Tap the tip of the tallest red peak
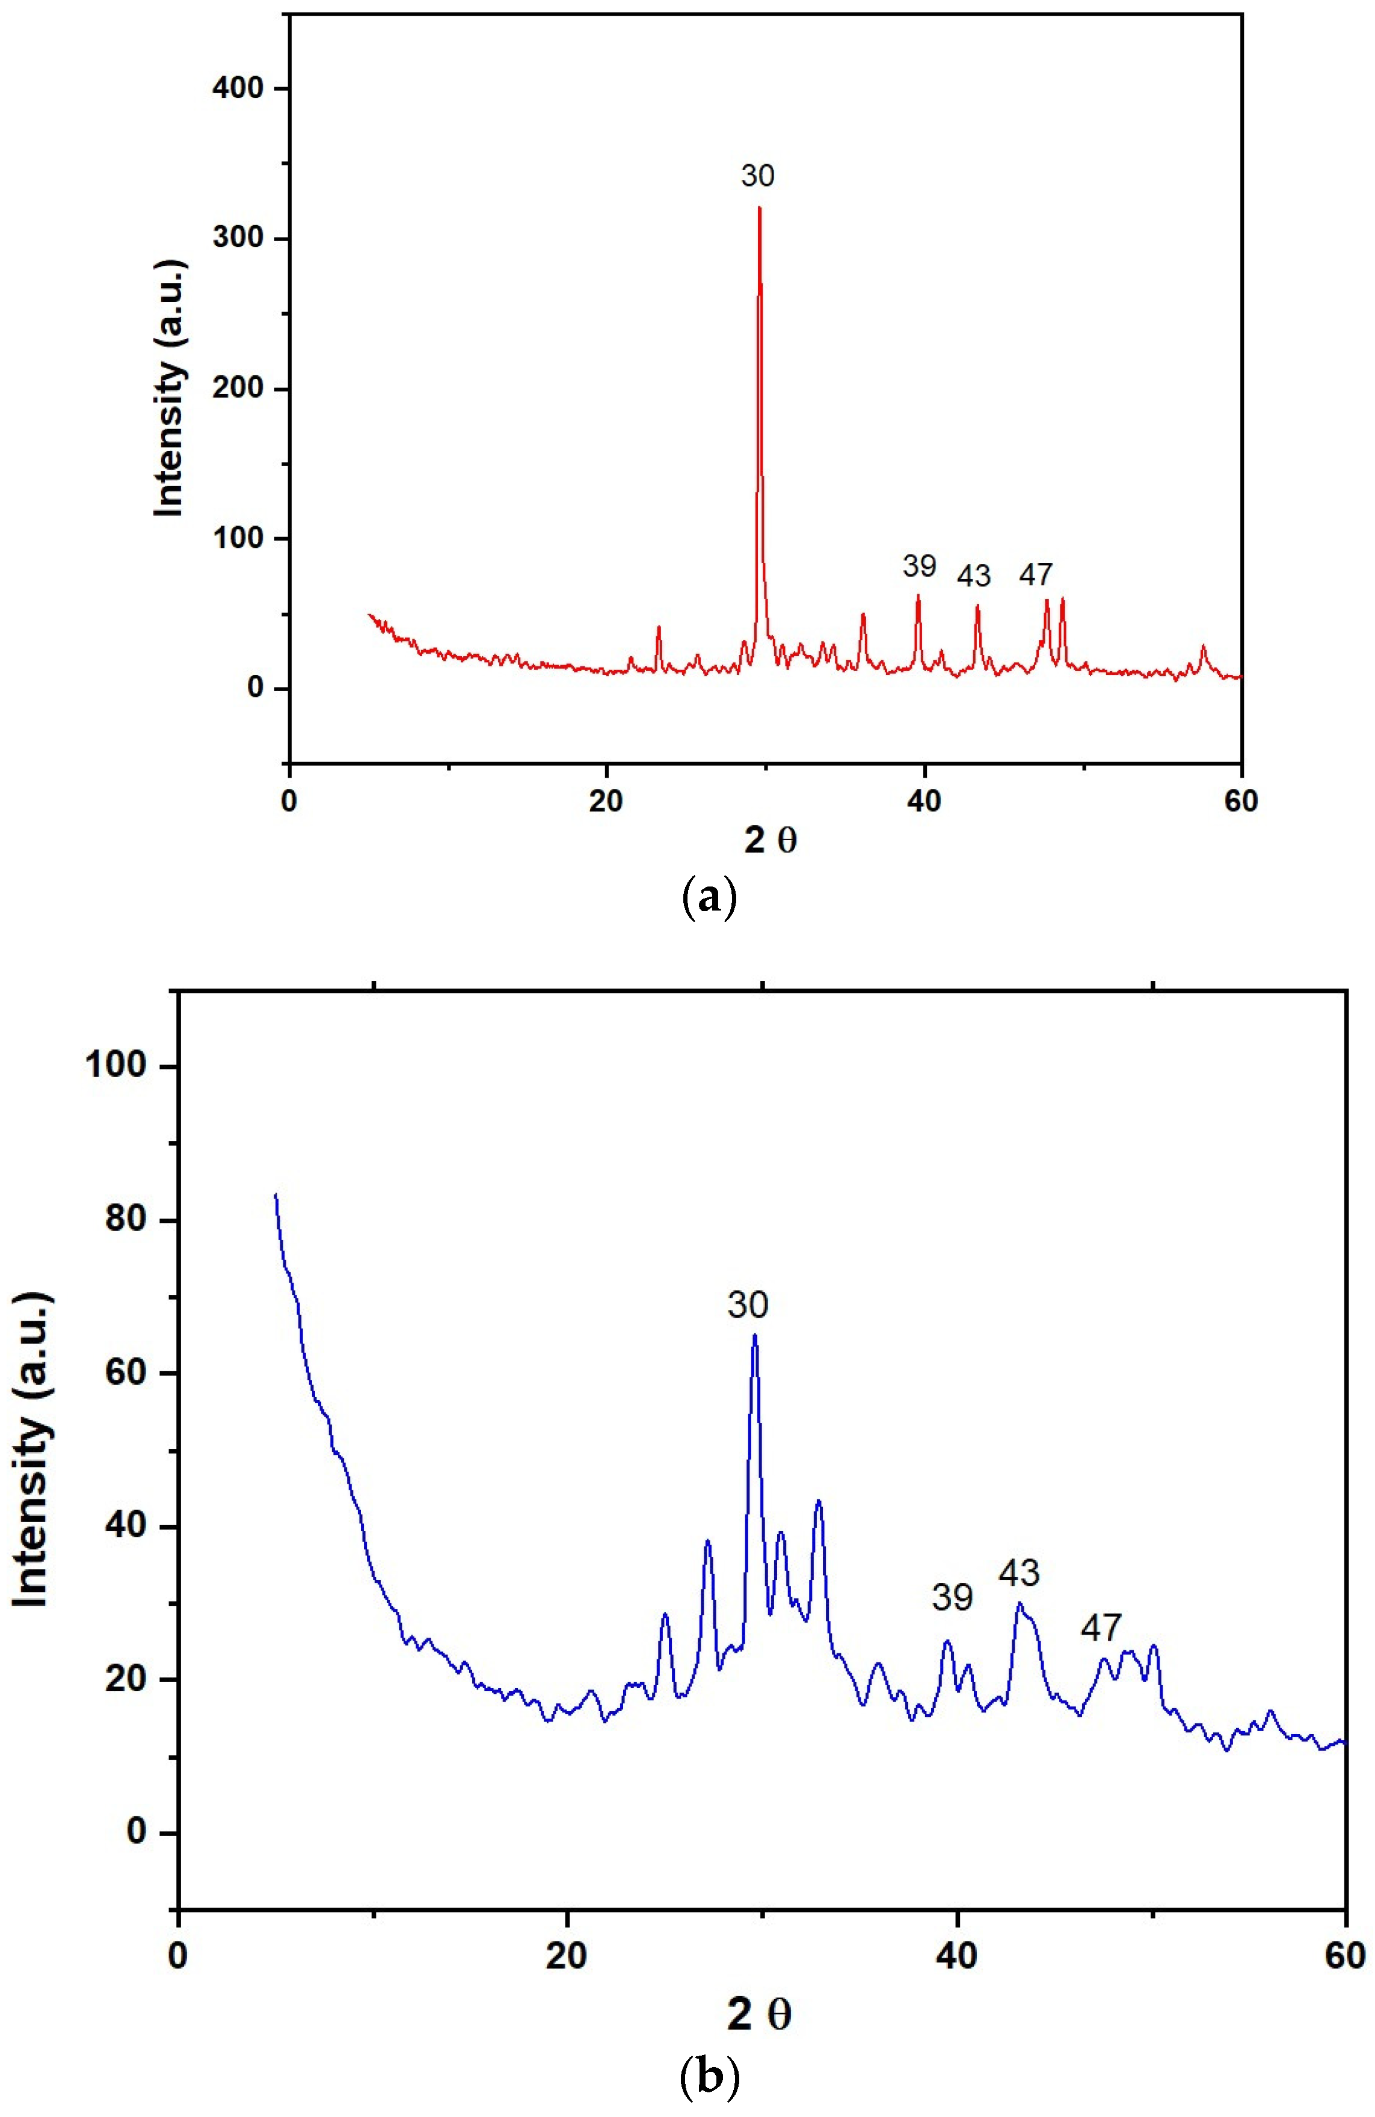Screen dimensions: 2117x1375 click(760, 208)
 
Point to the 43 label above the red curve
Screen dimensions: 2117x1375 click(974, 576)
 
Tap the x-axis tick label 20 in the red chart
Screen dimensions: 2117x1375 click(606, 800)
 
